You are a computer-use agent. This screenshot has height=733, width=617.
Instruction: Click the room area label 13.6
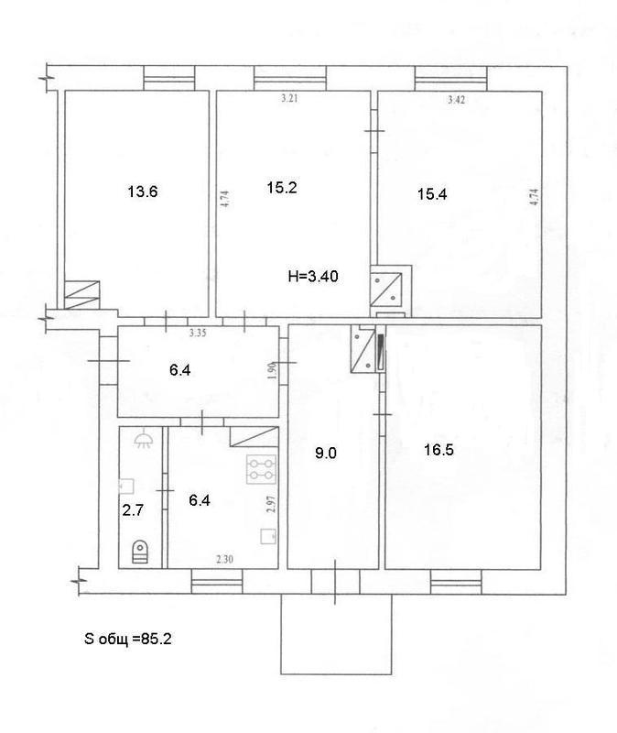[x=143, y=191]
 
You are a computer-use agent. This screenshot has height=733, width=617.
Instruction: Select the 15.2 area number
[x=282, y=188]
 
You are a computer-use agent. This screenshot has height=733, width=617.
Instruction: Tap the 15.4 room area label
[x=432, y=194]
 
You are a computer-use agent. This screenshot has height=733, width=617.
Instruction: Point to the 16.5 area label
[x=439, y=450]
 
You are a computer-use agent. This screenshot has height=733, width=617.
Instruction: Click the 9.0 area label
[x=326, y=453]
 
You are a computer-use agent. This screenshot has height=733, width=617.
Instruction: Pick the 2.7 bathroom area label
[x=133, y=510]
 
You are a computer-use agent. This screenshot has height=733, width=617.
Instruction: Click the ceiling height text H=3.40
[x=313, y=277]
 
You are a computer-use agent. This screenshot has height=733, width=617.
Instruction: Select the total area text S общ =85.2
[x=128, y=639]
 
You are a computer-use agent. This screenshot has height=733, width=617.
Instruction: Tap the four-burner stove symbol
[x=262, y=470]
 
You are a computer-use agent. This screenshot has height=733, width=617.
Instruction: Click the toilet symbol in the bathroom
[x=140, y=552]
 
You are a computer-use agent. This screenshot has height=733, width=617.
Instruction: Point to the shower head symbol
[x=143, y=441]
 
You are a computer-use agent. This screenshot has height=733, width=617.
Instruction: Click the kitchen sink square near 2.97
[x=268, y=536]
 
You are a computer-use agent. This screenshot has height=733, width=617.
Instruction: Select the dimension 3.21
[x=289, y=98]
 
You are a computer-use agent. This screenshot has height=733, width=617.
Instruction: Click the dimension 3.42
[x=456, y=99]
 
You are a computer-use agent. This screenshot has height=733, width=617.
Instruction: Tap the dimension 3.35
[x=198, y=333]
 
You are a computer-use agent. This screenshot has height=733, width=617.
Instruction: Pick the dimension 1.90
[x=274, y=371]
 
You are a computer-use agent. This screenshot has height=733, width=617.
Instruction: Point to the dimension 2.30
[x=224, y=559]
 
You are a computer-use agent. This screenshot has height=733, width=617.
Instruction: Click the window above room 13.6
[x=169, y=78]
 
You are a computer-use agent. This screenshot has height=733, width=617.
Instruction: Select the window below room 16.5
[x=456, y=582]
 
